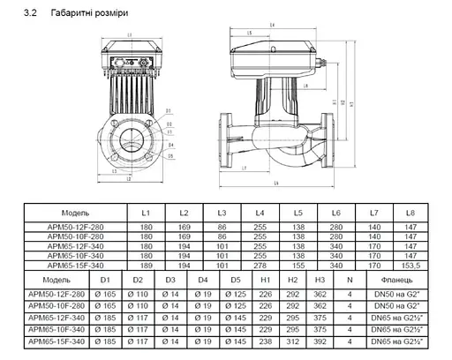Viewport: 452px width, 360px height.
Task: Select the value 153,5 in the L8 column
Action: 411,264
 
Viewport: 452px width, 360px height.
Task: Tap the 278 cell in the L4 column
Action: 260,264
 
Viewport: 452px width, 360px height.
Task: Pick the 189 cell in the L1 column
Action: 147,264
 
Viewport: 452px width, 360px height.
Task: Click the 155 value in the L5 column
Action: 298,264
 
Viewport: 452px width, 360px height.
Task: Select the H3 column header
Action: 320,281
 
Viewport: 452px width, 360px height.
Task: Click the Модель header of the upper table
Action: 75,214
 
